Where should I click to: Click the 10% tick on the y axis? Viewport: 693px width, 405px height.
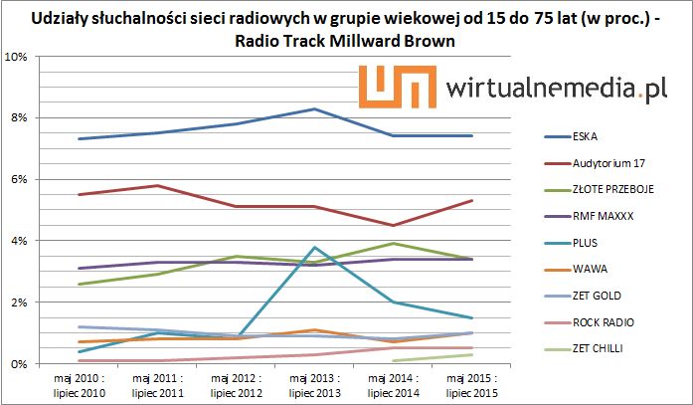point(16,57)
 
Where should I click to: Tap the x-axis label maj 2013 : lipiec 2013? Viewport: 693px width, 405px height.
point(314,385)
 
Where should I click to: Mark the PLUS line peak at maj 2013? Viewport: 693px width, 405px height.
point(314,247)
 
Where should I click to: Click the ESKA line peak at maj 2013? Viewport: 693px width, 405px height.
point(314,108)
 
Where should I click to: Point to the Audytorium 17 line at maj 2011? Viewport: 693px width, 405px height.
point(157,185)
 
